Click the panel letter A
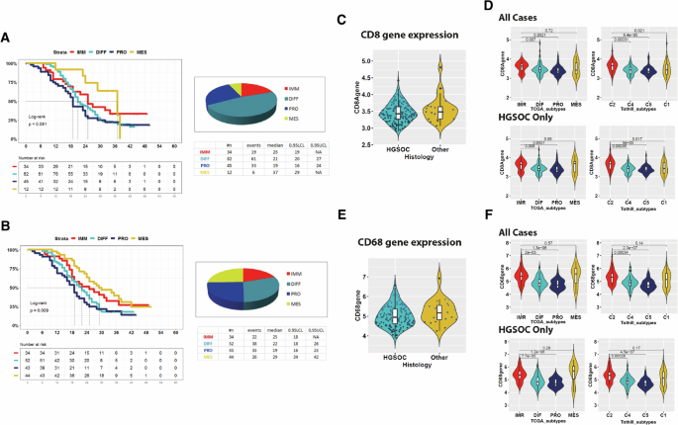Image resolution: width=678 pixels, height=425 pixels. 8,37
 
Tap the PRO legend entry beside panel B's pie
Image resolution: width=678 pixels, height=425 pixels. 292,295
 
